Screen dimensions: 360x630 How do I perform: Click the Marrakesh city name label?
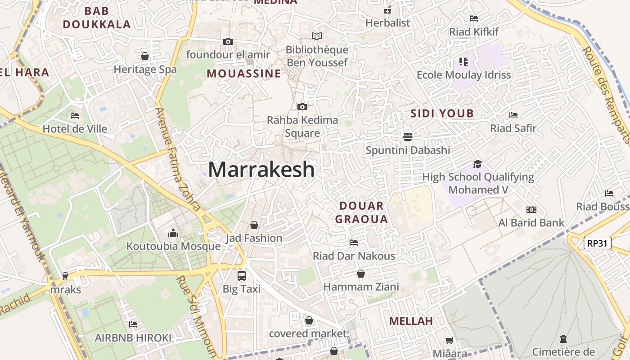261,170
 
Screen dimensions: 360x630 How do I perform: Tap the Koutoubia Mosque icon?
173,233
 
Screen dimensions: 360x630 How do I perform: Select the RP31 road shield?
598,243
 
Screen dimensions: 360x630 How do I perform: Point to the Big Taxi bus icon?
242,275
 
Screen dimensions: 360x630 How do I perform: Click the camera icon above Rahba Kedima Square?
302,107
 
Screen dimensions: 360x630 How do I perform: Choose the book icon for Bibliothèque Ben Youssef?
317,36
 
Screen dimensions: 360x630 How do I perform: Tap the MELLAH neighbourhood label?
411,321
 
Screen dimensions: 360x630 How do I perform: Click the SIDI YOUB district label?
442,113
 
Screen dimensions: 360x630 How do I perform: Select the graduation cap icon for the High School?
477,164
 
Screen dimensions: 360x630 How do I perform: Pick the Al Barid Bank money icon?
531,210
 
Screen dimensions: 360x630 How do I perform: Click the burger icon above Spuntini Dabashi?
408,136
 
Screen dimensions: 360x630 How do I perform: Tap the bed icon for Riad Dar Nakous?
354,243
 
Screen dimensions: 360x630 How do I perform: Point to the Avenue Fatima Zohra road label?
178,160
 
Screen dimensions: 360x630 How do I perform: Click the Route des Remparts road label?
606,94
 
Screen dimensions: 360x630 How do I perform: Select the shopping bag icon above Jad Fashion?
254,225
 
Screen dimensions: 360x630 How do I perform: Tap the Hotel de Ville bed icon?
75,116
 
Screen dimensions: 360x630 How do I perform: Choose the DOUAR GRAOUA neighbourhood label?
362,212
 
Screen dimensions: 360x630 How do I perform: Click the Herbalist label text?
388,23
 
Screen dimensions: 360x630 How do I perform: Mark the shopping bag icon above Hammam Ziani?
361,274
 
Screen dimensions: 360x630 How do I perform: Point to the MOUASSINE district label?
243,73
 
